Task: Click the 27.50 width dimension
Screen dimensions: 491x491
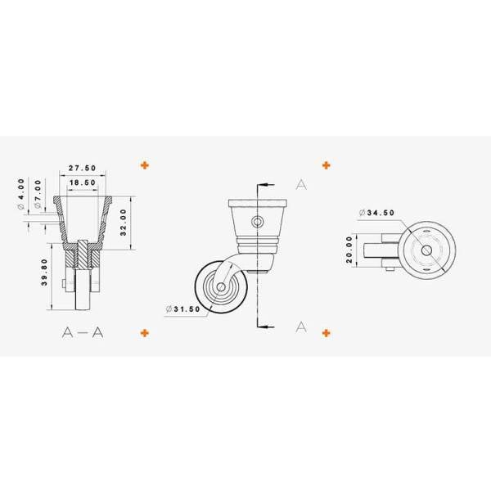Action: click(83, 168)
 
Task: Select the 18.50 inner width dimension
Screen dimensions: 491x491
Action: click(83, 182)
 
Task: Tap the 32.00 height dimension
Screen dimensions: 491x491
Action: click(124, 223)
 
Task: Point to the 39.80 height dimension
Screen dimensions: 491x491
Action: click(44, 273)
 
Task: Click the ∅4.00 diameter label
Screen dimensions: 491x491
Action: click(21, 194)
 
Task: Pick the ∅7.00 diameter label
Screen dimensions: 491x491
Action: click(38, 194)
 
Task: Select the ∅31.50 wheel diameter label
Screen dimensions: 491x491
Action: click(183, 309)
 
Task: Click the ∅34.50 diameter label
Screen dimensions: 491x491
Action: click(376, 213)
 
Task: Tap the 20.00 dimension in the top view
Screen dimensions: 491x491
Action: click(349, 250)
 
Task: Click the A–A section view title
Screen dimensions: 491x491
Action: click(83, 332)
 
